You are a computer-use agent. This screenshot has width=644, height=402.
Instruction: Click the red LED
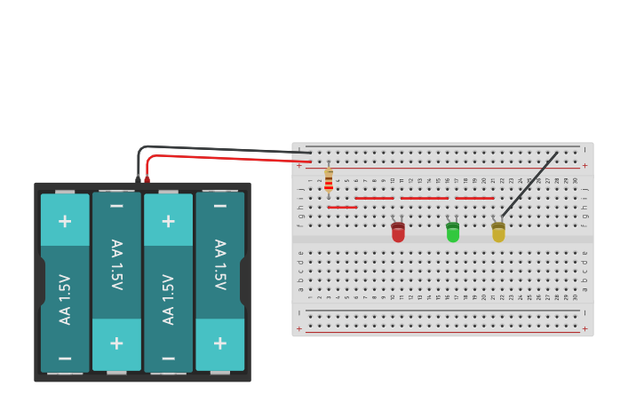click(x=398, y=233)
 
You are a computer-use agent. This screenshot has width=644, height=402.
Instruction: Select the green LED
click(x=453, y=233)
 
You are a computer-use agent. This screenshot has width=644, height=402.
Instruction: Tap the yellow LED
click(x=498, y=233)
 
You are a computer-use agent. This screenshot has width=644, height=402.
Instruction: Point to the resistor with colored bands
click(x=329, y=180)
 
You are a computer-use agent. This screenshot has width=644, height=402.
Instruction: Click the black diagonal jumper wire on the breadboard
click(x=530, y=184)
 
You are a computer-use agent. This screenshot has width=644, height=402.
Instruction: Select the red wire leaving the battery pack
click(x=222, y=158)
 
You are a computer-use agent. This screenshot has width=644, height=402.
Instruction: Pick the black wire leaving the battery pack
click(x=222, y=148)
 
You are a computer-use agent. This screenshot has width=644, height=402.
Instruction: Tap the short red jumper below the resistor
click(x=342, y=208)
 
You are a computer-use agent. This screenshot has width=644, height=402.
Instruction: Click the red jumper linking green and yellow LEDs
click(x=474, y=198)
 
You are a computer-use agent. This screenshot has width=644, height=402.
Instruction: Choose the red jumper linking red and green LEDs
click(x=425, y=198)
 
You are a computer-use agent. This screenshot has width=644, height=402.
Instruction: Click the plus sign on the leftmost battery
click(x=65, y=220)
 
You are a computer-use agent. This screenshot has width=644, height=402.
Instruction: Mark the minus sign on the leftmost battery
click(x=65, y=358)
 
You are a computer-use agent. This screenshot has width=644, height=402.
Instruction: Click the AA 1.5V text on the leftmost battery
click(x=65, y=298)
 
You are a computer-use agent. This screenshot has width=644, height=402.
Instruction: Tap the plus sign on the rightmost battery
click(x=219, y=343)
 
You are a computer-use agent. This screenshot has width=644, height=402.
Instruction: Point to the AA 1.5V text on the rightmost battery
click(x=219, y=264)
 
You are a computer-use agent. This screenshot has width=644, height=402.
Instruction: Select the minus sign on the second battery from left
click(x=116, y=206)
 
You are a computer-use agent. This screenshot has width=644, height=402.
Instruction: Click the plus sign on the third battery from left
click(x=168, y=220)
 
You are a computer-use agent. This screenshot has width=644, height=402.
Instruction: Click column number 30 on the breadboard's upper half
click(x=576, y=180)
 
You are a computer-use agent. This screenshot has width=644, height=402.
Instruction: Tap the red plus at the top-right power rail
click(x=584, y=166)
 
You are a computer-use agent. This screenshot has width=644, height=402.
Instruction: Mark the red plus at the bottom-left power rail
click(x=299, y=328)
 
